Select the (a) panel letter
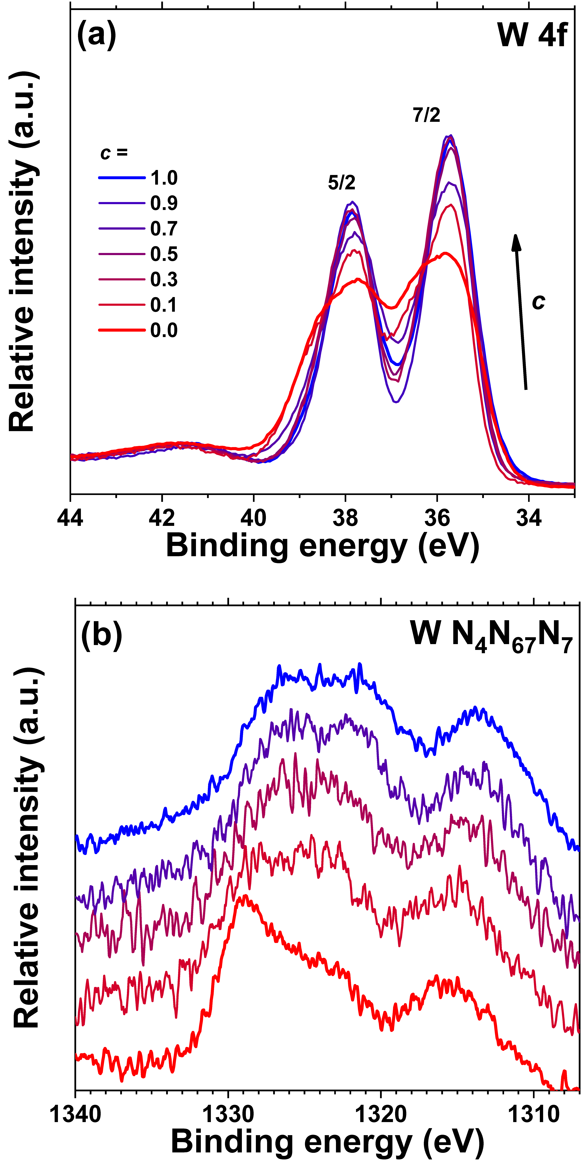[x=96, y=34]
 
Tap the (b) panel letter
[x=101, y=635]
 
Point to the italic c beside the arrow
[x=538, y=301]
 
